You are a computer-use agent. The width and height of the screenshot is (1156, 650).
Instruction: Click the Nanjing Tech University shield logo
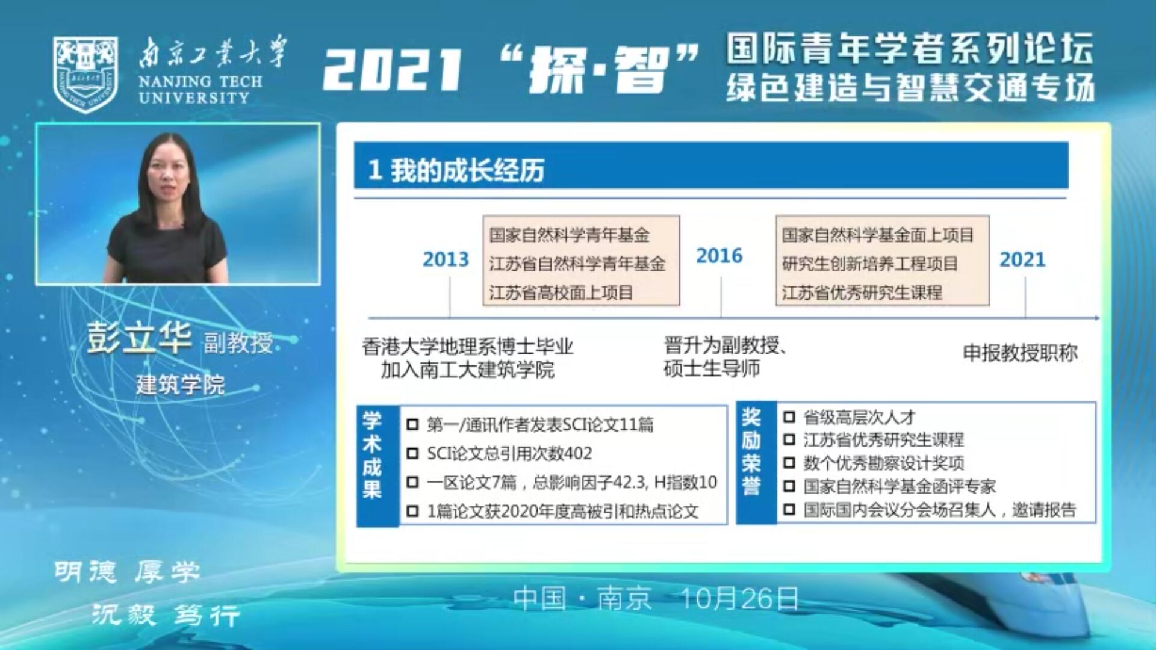tap(85, 74)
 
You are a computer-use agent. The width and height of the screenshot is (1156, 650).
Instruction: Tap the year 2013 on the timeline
tap(446, 259)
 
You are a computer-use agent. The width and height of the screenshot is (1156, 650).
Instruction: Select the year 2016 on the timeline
tap(719, 256)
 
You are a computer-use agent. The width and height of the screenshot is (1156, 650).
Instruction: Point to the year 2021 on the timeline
tap(1022, 259)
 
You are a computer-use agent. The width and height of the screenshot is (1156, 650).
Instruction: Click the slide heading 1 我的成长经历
tap(456, 170)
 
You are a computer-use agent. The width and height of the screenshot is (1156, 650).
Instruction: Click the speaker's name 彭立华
tap(140, 338)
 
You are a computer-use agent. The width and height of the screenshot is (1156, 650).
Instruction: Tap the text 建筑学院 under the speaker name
tap(181, 385)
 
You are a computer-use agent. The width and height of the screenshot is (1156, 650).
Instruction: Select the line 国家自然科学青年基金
tap(570, 235)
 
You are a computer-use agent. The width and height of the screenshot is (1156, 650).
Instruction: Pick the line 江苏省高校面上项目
tap(561, 292)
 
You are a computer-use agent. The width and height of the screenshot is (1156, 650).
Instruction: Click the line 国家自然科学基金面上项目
tap(878, 235)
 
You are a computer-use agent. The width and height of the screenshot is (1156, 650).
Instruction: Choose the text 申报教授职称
tap(1020, 353)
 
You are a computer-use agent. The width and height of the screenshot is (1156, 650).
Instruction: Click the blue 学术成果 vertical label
tap(373, 455)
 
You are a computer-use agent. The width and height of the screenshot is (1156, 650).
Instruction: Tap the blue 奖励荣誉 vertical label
tap(751, 451)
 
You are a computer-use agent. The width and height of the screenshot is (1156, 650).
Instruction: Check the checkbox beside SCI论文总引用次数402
tap(412, 454)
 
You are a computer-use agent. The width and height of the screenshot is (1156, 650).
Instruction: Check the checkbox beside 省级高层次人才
tap(789, 417)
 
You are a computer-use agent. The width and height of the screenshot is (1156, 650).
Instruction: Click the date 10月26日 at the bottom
tap(739, 599)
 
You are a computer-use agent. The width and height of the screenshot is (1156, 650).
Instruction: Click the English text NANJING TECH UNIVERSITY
tap(200, 90)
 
